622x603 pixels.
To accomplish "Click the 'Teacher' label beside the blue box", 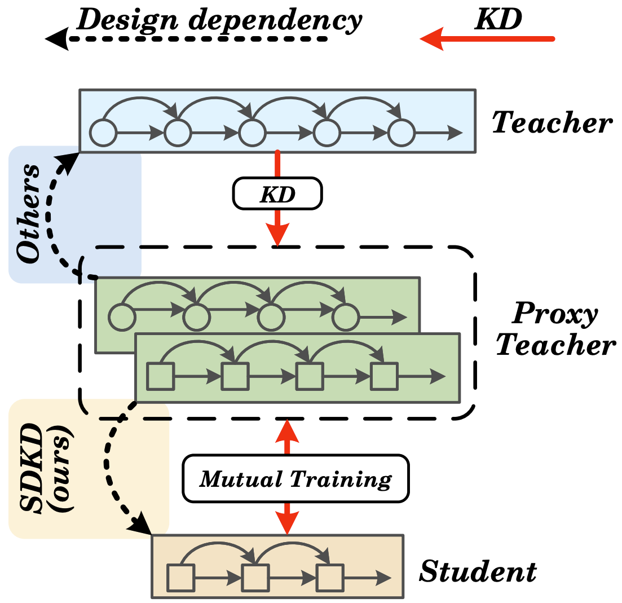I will tap(552, 123).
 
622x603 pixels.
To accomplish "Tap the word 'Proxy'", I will tap(554, 313).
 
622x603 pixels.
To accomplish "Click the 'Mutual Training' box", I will tap(295, 479).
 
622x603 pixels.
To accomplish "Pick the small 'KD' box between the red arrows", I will tap(277, 193).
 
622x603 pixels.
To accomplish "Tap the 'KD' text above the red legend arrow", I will tap(498, 19).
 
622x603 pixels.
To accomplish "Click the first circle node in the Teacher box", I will tap(103, 133).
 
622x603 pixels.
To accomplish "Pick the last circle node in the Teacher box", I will tap(401, 133).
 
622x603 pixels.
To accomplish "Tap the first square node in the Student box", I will tap(180, 577).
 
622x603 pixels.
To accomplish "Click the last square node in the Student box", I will tap(329, 577).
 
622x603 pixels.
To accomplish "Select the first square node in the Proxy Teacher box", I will tap(160, 376).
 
